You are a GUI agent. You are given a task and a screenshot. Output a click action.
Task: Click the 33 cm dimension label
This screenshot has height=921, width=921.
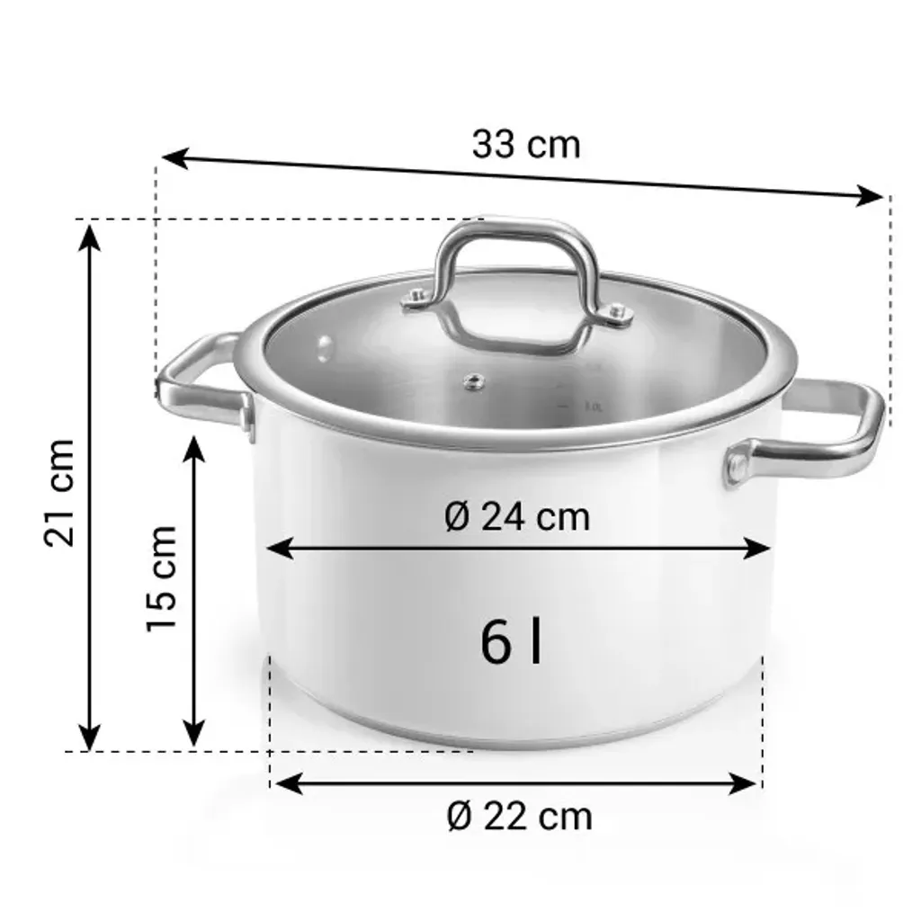click(x=526, y=144)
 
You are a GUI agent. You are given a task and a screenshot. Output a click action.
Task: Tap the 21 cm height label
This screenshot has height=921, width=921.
click(x=60, y=492)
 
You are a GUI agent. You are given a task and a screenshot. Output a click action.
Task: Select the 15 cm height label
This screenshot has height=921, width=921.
click(x=162, y=577)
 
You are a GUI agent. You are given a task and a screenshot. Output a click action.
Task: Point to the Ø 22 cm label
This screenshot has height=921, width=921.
click(x=520, y=816)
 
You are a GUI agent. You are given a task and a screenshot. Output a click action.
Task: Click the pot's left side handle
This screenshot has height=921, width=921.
click(x=200, y=383)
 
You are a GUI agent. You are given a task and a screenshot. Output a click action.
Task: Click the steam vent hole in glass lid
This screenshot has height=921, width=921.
click(x=469, y=382)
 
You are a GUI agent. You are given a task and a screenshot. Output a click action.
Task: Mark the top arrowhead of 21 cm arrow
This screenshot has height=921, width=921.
click(x=88, y=234)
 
